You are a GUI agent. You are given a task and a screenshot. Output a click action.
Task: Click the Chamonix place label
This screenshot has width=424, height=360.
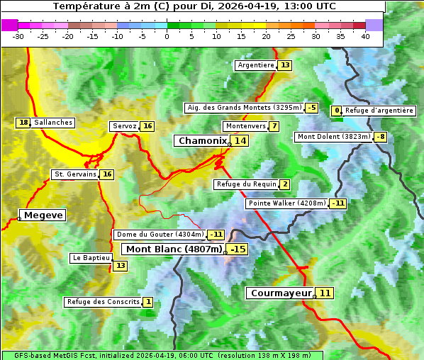coord(202,141)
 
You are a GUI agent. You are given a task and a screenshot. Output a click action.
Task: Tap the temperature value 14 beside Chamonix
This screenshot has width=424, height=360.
coord(241,141)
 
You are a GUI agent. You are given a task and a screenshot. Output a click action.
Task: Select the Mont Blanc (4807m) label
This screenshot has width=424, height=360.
coord(174,249)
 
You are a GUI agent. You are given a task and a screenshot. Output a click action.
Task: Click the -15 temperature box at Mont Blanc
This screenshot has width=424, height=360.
coord(238,249)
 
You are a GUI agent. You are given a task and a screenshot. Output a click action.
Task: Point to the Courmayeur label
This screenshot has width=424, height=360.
coord(281,293)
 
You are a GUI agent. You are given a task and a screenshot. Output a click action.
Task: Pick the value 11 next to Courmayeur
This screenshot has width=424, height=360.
coord(325,293)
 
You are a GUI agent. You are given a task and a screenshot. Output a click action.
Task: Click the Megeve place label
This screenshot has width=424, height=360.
coord(43,215)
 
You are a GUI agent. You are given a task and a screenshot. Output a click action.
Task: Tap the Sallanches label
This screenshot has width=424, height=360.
coord(52,123)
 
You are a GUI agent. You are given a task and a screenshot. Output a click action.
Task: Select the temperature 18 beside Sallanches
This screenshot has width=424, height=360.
coord(23,123)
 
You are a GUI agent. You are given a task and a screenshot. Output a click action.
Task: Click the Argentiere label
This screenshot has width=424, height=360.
coord(256,65)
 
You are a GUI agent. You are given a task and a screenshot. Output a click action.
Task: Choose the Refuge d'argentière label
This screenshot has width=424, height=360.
coord(379,111)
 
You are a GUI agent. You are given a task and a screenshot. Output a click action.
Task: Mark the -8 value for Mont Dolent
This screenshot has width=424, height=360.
coord(381,137)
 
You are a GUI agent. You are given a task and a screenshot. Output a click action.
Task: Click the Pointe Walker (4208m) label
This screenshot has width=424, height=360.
coord(287,203)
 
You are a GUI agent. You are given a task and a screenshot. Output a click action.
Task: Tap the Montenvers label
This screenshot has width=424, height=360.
coord(245,126)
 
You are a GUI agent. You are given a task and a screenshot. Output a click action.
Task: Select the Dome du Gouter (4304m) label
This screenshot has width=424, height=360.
coord(160,235)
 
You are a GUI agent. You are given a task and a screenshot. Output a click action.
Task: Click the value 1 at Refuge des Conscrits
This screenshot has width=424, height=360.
coord(147,302)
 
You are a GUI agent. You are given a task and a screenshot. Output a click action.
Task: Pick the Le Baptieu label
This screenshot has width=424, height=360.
coord(90,258)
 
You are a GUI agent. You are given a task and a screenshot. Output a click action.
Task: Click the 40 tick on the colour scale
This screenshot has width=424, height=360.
coord(365,36)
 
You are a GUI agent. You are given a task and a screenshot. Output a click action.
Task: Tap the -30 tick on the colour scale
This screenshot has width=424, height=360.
coord(18,36)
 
